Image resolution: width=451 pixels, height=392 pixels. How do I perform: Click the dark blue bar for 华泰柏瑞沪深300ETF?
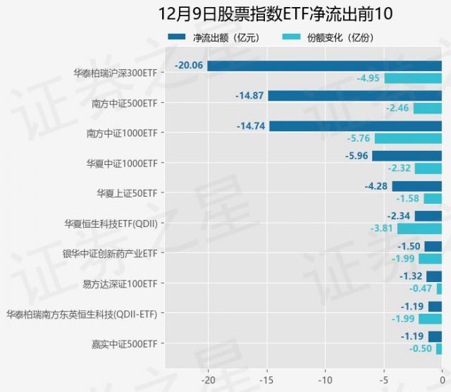coord(324,66)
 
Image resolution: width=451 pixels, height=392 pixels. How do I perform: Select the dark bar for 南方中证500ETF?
coord(354,96)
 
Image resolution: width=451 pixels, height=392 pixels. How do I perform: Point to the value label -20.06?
coord(190,66)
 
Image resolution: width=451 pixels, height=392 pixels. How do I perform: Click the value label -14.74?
coord(252,126)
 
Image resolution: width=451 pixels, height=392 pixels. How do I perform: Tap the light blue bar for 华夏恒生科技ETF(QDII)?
coord(419,228)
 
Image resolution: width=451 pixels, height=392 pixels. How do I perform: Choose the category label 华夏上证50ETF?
coord(127,192)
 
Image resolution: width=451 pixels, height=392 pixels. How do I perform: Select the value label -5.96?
coord(355,156)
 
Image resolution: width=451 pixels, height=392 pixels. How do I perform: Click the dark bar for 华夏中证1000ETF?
coord(407,156)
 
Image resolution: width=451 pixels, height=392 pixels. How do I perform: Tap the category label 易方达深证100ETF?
coord(120,283)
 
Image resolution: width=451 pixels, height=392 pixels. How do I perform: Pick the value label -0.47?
coord(421,288)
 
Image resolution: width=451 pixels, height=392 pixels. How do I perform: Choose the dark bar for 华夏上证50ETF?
coord(416,186)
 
